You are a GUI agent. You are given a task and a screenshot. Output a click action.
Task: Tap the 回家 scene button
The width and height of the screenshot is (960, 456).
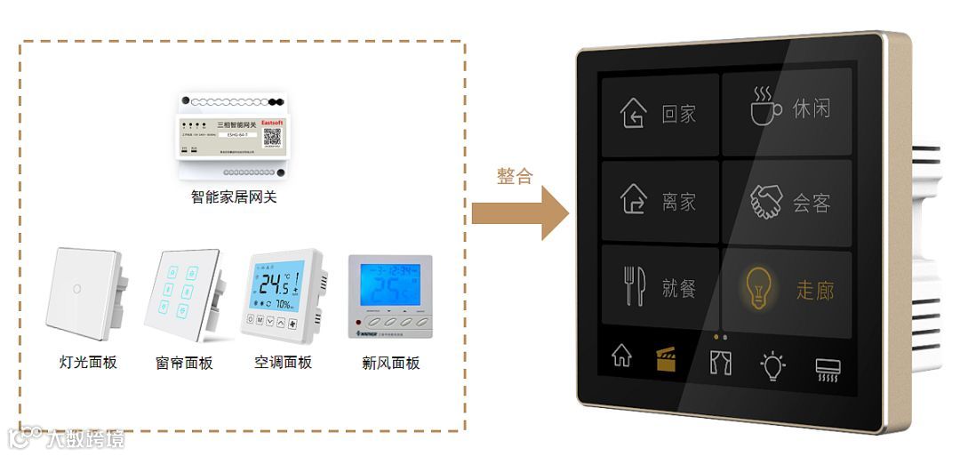coord(660,115)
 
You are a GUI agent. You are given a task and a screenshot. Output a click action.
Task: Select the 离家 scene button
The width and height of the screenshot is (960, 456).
coord(660,203)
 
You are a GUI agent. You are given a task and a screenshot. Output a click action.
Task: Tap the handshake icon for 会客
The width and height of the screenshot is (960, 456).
coord(764,203)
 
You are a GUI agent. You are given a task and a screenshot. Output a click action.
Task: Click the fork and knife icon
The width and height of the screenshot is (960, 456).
coord(635,288)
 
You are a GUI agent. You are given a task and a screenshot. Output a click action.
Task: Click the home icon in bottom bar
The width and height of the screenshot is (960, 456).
coord(622,356)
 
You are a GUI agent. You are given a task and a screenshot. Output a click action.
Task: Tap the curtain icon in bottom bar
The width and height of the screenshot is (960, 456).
coord(720,363)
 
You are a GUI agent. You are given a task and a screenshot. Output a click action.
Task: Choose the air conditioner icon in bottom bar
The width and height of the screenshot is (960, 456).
coord(828,369)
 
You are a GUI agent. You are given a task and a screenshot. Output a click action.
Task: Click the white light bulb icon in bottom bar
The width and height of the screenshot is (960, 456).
coord(772,365)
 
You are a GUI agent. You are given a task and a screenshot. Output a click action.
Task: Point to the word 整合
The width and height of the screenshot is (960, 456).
coord(515,175)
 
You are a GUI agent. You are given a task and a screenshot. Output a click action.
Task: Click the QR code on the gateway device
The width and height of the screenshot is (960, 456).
coord(272,136)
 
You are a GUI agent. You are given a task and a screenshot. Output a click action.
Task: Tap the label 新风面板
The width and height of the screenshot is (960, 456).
coord(390,363)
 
